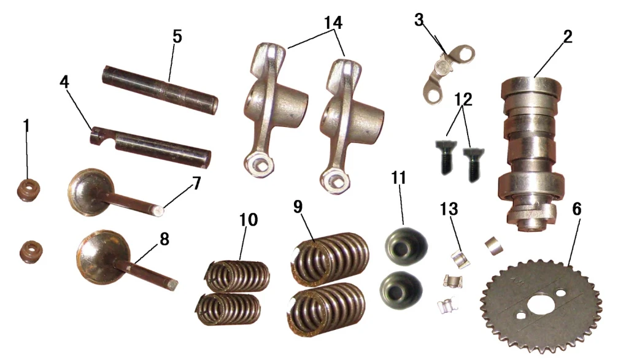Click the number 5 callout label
177,36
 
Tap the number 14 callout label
333,23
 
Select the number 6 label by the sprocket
577,209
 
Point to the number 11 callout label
398,178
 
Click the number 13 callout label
449,209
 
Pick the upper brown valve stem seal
28,191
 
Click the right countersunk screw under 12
474,164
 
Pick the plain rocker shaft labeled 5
160,89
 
